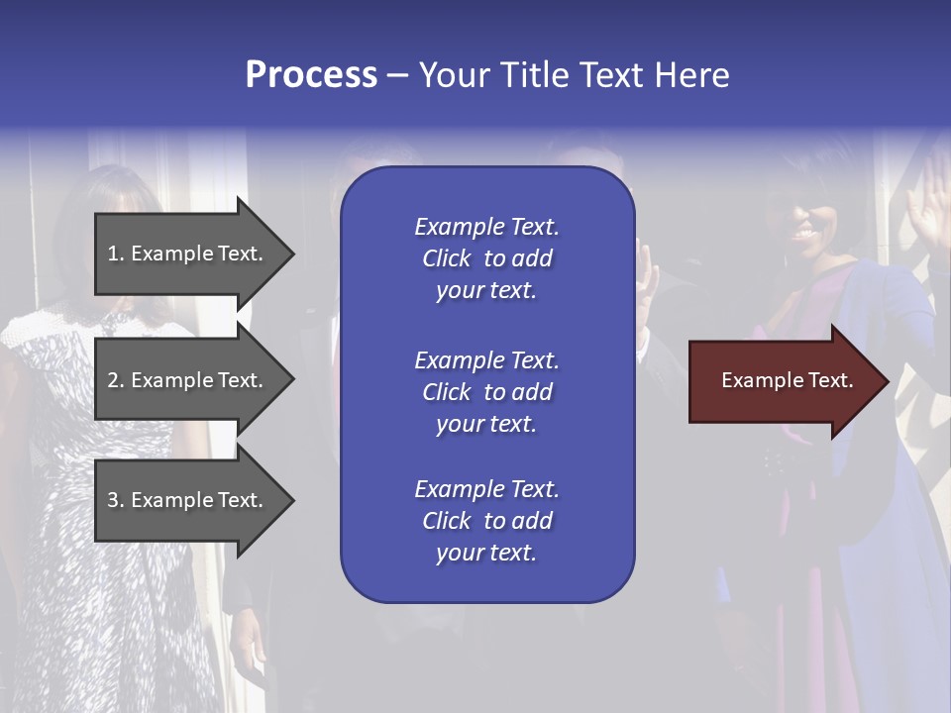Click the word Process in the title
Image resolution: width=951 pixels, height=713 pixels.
[311, 75]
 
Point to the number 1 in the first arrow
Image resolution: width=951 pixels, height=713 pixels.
[113, 254]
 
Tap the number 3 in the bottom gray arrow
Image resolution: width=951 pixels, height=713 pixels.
[113, 500]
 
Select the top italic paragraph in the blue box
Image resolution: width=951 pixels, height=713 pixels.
[486, 258]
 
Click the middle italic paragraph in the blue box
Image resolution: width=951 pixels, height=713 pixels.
[486, 392]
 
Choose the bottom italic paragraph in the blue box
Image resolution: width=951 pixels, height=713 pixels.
[486, 521]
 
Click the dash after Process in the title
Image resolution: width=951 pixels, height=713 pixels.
[397, 76]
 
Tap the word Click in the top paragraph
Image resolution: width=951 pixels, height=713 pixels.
[446, 258]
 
